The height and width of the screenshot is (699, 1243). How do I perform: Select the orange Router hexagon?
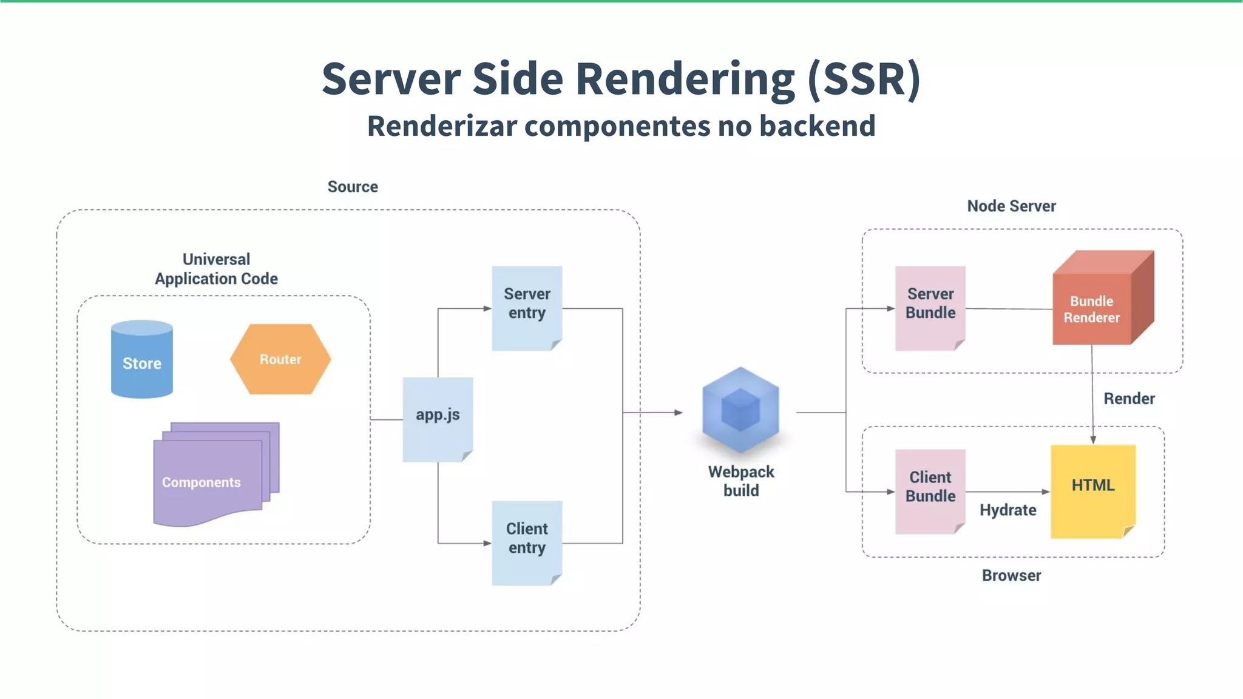tap(280, 359)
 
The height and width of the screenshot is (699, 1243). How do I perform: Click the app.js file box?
tap(438, 419)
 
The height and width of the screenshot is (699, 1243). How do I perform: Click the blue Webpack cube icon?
tap(740, 410)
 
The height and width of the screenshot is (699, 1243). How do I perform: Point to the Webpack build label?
tap(740, 481)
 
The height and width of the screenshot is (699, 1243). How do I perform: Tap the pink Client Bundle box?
tap(930, 491)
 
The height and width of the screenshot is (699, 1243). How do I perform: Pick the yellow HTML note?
tap(1093, 490)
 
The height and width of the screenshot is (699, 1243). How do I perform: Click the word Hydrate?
tap(1008, 510)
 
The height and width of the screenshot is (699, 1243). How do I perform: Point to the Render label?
tap(1129, 399)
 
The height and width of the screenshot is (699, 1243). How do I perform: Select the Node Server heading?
tap(1011, 206)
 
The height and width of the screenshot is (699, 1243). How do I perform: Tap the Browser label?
tap(1011, 575)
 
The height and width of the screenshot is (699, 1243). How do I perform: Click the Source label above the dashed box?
tap(353, 187)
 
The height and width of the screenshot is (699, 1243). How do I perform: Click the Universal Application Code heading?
tap(216, 269)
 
